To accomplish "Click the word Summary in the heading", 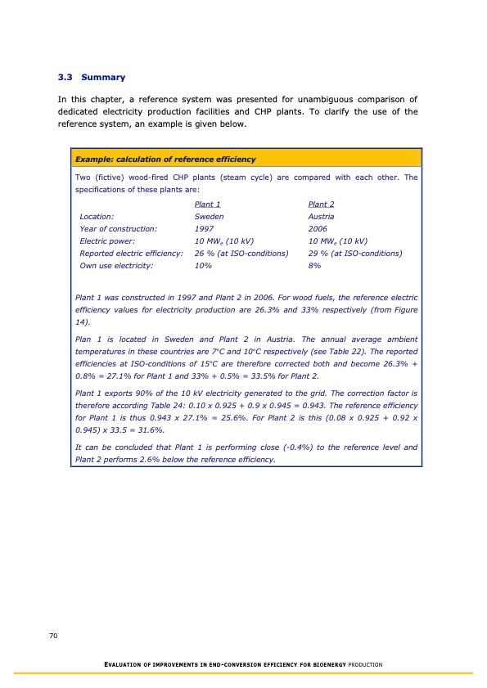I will click(x=103, y=78).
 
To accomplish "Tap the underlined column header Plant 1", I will click(x=207, y=205).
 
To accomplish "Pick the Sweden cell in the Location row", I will click(x=209, y=217).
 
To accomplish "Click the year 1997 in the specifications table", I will click(x=203, y=229).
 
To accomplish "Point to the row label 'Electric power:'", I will click(x=107, y=241).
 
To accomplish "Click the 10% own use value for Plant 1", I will click(x=203, y=266).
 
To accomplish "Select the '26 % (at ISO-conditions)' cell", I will click(x=241, y=254).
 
